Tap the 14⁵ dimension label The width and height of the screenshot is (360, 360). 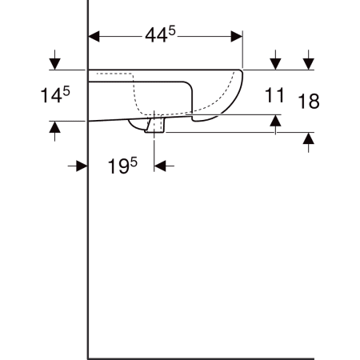pos(55,95)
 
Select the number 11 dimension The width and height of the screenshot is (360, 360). pos(274,95)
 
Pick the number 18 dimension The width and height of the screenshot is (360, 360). pos(309,102)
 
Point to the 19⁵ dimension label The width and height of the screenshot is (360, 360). pos(122,166)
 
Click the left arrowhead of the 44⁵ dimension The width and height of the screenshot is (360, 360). pos(94,37)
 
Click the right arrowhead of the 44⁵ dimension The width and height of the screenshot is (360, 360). pos(237,37)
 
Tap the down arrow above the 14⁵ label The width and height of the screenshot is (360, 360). pos(55,60)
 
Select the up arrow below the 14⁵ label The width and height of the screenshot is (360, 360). pos(55,131)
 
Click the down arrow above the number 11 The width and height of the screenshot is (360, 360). pos(275,60)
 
